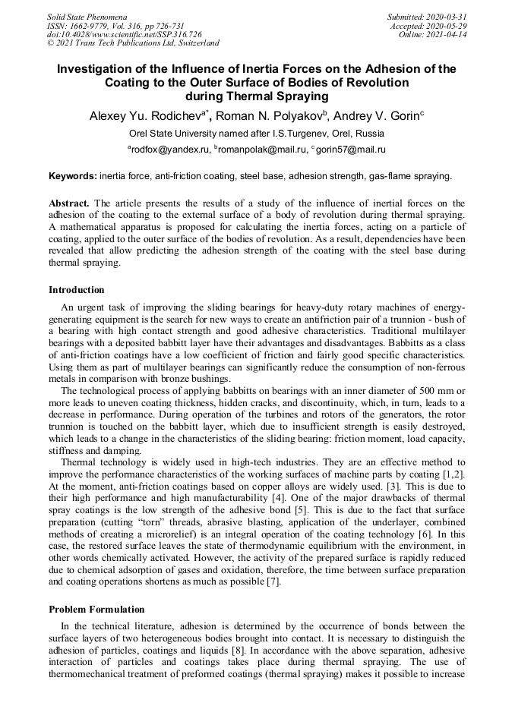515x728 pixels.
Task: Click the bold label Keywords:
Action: (73, 176)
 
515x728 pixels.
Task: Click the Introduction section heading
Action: (77, 289)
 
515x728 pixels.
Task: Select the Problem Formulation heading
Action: (96, 609)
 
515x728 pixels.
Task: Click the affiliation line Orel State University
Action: (257, 134)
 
